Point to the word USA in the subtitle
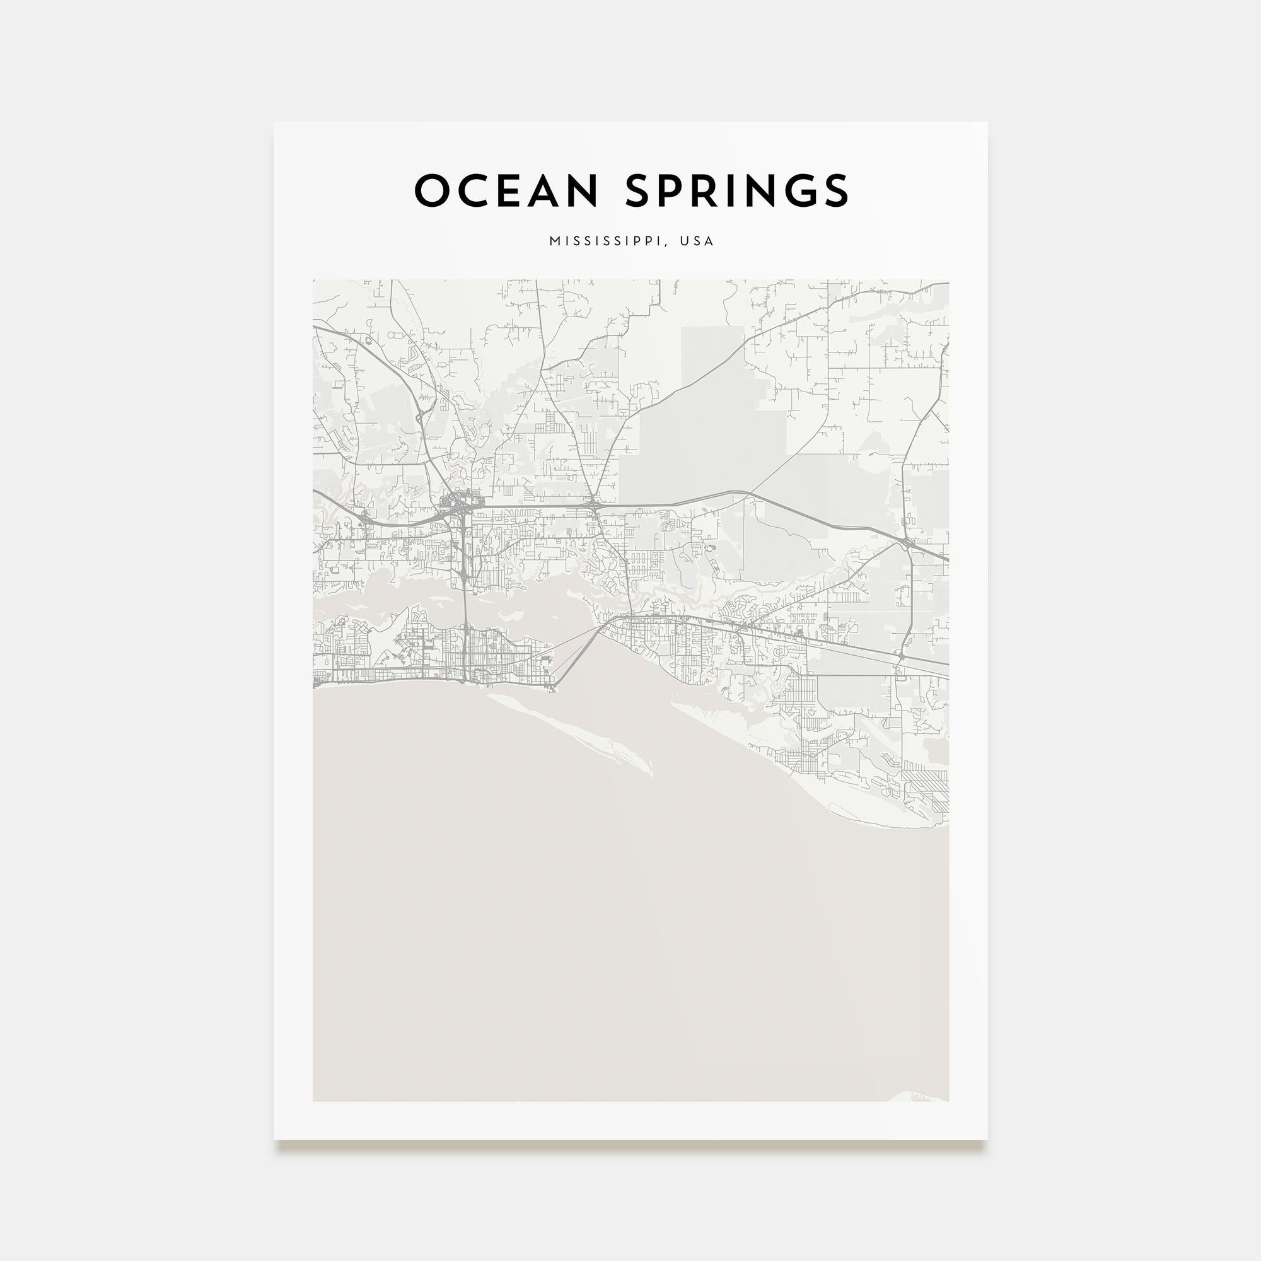click(x=697, y=241)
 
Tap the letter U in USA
click(x=684, y=241)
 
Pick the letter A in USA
click(x=709, y=241)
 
